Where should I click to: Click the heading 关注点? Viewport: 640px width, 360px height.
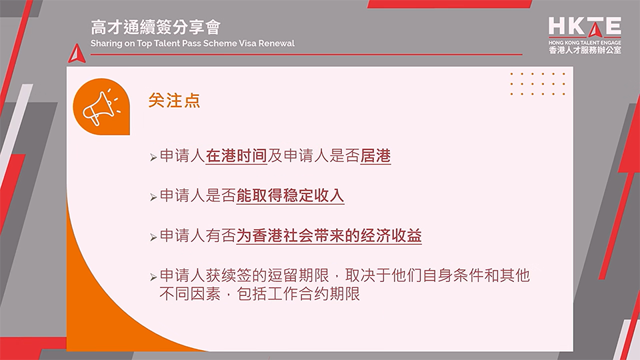click(174, 101)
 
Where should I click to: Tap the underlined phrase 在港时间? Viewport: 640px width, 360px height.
click(236, 157)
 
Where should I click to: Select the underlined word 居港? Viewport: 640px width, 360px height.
click(375, 157)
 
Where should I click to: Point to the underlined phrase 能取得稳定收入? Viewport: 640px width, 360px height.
click(290, 197)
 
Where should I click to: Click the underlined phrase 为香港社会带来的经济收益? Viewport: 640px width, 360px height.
click(329, 236)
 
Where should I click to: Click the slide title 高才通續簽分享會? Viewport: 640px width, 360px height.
click(156, 27)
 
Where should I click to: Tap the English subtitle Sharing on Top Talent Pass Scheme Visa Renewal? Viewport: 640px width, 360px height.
click(193, 43)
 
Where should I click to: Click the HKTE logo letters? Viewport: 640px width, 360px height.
click(585, 27)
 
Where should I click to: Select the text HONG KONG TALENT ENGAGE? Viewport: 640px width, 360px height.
click(585, 41)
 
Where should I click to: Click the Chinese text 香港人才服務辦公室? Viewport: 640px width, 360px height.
click(585, 50)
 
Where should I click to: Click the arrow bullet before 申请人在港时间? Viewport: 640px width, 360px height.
click(153, 159)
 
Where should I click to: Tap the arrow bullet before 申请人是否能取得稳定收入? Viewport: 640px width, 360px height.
click(153, 197)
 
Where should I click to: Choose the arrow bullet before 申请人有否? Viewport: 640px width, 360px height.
click(153, 237)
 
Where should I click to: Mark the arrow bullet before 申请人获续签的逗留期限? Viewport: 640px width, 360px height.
click(153, 276)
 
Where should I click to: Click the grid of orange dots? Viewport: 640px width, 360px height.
click(537, 83)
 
